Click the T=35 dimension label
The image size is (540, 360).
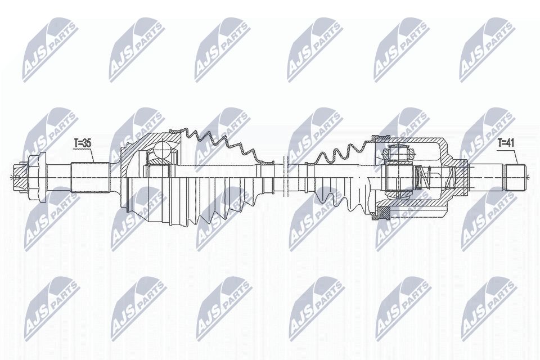tap(82, 143)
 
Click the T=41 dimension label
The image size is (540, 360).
tap(506, 143)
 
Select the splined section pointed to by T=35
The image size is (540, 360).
tap(89, 177)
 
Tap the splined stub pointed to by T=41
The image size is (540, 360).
tap(515, 177)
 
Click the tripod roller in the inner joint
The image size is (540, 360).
tap(398, 152)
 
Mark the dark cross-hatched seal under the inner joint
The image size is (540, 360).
tap(384, 213)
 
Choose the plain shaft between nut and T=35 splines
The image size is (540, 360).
tap(56, 177)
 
